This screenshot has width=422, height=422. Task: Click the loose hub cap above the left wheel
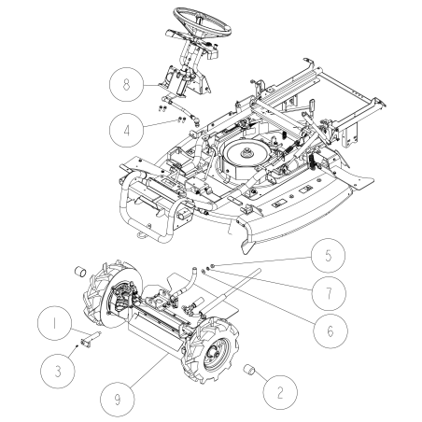pyautogui.click(x=80, y=272)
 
